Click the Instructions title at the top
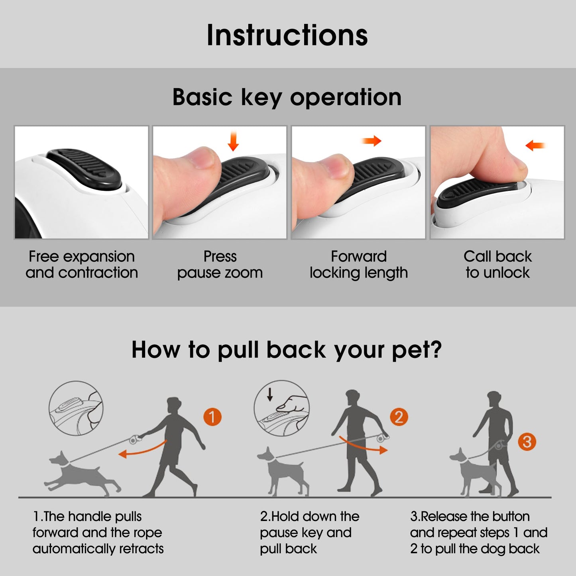[287, 35]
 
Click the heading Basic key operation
[287, 97]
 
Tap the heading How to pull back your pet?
[287, 350]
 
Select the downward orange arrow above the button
[233, 141]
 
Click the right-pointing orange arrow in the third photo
[372, 141]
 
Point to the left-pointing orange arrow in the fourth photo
[535, 145]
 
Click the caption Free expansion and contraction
[82, 264]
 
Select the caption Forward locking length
[359, 264]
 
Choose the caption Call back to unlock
[497, 264]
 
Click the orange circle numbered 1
[212, 417]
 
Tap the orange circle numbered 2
[399, 417]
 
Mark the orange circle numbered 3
[527, 442]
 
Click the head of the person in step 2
[352, 398]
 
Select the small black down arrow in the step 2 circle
[270, 395]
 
